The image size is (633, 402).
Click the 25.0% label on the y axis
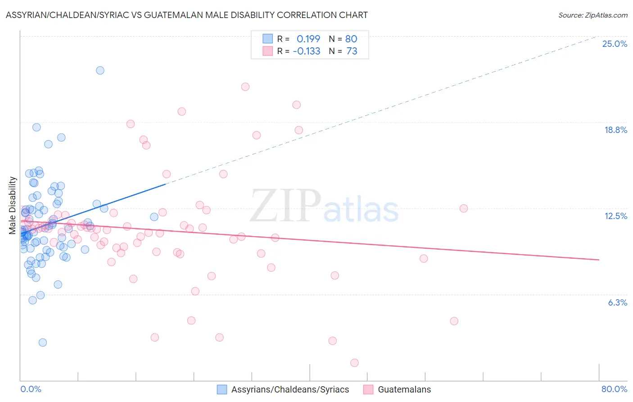[615, 44]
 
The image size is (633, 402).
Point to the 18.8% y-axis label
[615, 130]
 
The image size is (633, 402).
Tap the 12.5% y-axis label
[615, 216]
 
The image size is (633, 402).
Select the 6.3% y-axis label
[617, 302]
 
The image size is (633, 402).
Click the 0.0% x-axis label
[31, 389]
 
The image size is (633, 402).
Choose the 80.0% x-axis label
[614, 389]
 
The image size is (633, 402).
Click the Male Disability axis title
[13, 205]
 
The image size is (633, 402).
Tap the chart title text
[186, 15]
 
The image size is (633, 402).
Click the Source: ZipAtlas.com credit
[592, 15]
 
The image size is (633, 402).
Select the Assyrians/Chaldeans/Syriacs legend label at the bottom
[290, 389]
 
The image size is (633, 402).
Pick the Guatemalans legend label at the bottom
[404, 389]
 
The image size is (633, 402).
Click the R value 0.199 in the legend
[308, 39]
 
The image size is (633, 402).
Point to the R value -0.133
[307, 51]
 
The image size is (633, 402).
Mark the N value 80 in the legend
[351, 39]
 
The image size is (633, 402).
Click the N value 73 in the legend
[352, 51]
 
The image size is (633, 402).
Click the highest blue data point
[100, 70]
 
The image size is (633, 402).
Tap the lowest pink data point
[354, 363]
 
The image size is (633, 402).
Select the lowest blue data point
[43, 343]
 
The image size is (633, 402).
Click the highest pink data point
[245, 87]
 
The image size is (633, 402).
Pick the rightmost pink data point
[464, 208]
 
